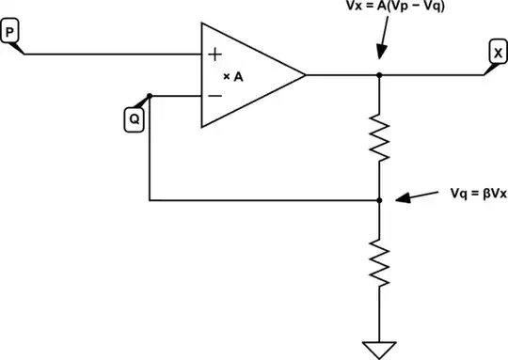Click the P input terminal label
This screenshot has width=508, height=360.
click(x=9, y=33)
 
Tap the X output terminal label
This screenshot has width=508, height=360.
click(x=496, y=52)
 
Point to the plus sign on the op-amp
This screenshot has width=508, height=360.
click(x=215, y=54)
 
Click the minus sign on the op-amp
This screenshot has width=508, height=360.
click(x=215, y=95)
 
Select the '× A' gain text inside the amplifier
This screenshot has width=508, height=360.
click(x=233, y=76)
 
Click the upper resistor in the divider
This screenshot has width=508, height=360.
click(x=379, y=136)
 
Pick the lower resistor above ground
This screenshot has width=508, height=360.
click(x=379, y=262)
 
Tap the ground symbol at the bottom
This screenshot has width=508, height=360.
click(x=379, y=347)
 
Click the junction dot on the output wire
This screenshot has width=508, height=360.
click(x=379, y=74)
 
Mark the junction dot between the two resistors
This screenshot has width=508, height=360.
click(x=379, y=200)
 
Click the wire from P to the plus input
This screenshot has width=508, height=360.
click(x=113, y=54)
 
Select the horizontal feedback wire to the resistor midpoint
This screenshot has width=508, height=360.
click(x=263, y=200)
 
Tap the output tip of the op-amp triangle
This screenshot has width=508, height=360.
click(x=305, y=74)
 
